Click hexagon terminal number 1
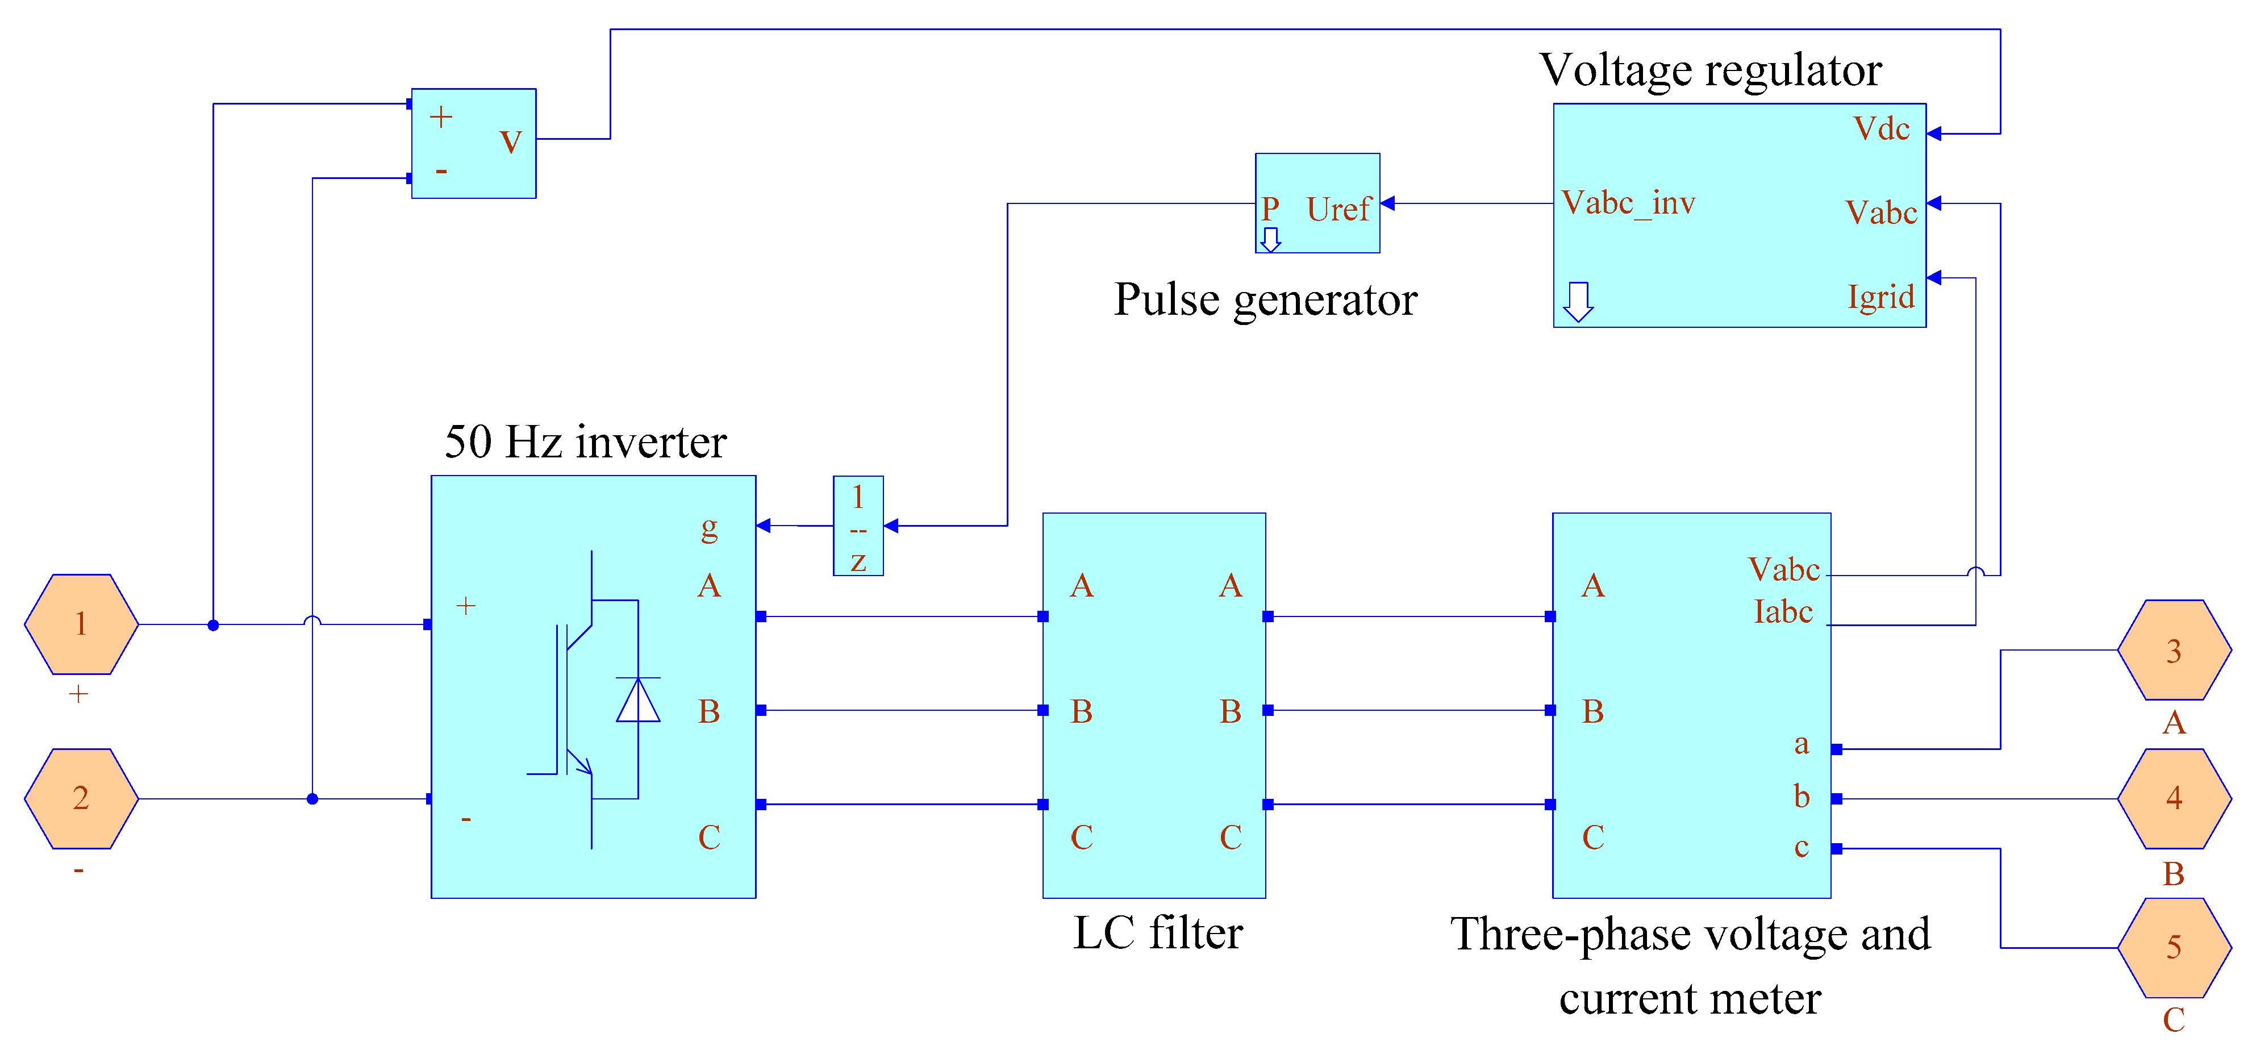81,624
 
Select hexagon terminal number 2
81,799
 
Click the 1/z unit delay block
858,526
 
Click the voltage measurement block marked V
474,143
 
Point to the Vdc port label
1881,129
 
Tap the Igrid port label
1881,297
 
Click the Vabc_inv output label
1629,203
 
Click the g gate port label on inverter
710,528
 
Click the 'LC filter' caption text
1158,932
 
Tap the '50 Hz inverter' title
585,441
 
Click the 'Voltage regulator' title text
1711,70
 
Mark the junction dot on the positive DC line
213,625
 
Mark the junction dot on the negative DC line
312,799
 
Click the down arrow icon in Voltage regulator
1578,301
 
